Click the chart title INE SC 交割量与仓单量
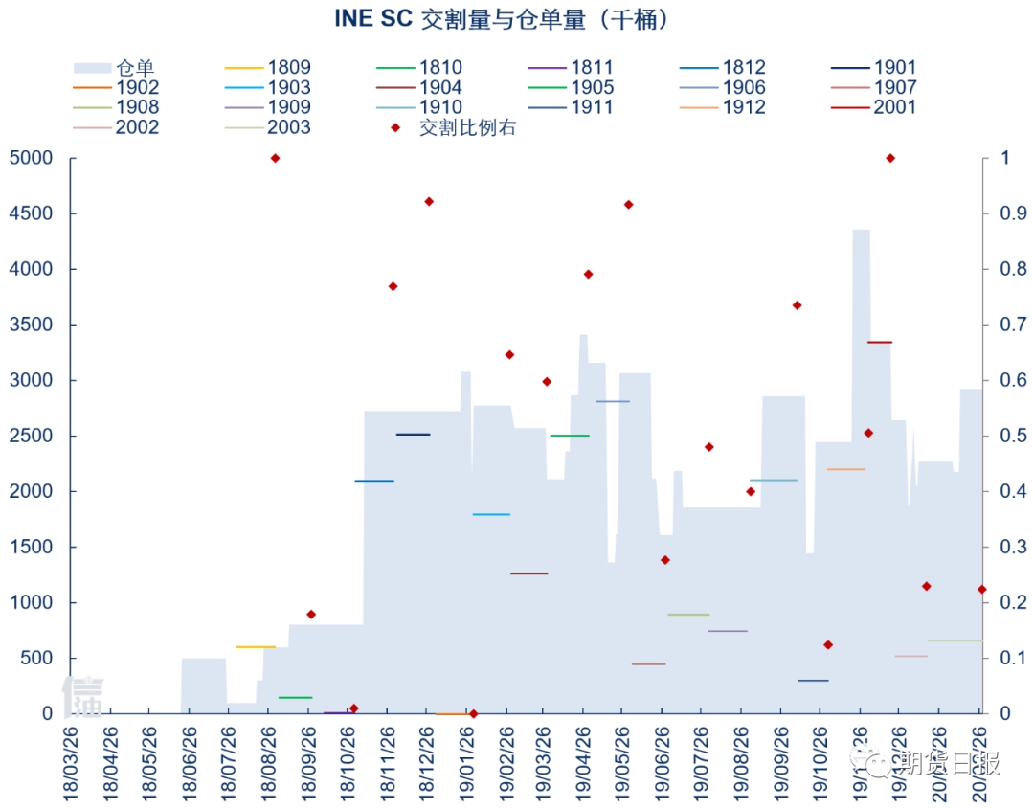click(503, 20)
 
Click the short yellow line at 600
click(256, 647)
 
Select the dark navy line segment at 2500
click(413, 435)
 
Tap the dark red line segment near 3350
click(879, 342)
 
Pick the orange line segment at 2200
click(845, 469)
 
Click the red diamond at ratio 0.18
click(311, 615)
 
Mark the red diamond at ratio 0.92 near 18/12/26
click(429, 202)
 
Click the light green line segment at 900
click(688, 615)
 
